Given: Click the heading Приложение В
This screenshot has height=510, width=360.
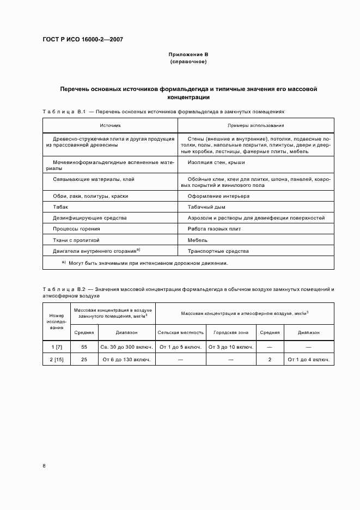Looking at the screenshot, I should [x=188, y=55].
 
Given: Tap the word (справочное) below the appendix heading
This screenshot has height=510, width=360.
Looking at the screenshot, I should [x=188, y=62].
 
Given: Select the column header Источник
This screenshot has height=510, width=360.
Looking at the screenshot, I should [x=110, y=125].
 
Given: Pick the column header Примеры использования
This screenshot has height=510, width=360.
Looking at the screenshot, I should [x=255, y=125].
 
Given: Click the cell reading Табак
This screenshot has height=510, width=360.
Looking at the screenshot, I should [x=60, y=207].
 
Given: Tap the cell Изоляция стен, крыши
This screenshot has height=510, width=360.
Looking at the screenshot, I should [x=216, y=162].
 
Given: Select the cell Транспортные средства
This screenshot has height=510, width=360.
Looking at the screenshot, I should [x=218, y=251].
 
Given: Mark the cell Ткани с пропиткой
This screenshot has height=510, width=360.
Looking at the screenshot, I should [x=76, y=240].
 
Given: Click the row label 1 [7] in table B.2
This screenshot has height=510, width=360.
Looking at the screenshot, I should [x=57, y=347].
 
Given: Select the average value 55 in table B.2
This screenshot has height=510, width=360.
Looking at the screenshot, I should [x=84, y=347].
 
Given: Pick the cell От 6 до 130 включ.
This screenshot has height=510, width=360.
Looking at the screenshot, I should [x=126, y=360].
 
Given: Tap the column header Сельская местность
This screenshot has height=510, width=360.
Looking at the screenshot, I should [x=181, y=332].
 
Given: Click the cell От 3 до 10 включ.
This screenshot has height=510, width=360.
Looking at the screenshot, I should [x=231, y=347].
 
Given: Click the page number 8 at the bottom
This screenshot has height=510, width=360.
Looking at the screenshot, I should [x=45, y=465].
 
